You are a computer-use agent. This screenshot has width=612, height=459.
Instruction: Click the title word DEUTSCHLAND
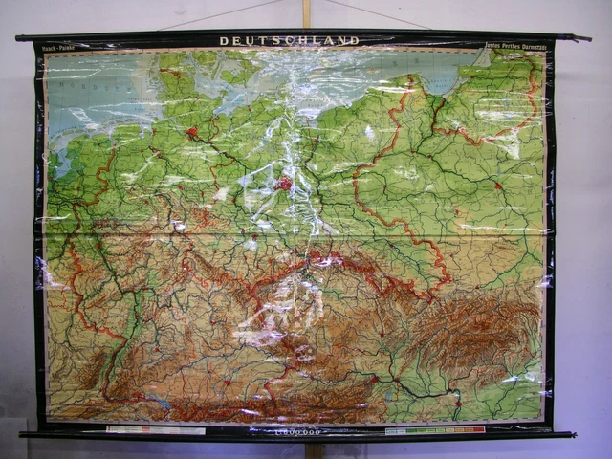click(x=289, y=41)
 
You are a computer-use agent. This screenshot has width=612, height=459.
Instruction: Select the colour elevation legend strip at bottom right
click(x=435, y=430)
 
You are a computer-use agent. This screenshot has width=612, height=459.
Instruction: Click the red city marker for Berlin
click(x=284, y=182)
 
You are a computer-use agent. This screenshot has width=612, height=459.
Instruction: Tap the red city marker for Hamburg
click(x=192, y=131)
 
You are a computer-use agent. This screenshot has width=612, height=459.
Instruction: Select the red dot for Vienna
click(x=373, y=379)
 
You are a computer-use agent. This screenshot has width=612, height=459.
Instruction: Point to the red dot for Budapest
click(x=457, y=403)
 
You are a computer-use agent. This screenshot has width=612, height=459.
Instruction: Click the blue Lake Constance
click(x=158, y=403)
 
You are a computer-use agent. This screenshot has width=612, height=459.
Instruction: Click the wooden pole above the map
click(x=307, y=13)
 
